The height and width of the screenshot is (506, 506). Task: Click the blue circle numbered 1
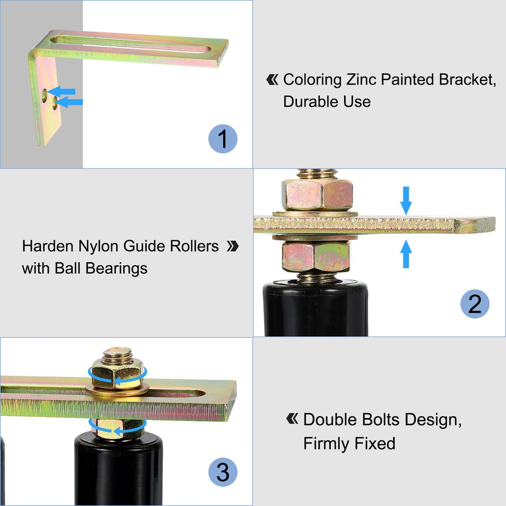click(x=223, y=138)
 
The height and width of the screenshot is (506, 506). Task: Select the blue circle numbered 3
click(x=223, y=473)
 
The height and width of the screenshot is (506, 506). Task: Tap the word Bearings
click(x=116, y=268)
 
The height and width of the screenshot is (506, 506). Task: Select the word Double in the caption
click(x=331, y=419)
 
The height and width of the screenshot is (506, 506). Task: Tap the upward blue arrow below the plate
click(x=406, y=254)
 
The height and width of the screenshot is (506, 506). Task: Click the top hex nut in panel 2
click(x=316, y=194)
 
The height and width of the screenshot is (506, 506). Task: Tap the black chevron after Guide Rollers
click(x=232, y=246)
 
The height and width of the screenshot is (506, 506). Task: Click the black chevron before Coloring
click(x=272, y=79)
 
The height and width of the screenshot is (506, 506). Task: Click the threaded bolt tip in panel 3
click(x=118, y=354)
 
